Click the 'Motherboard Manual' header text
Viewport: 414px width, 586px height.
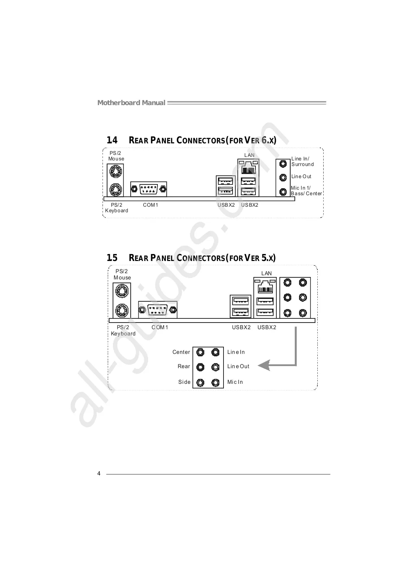click(131, 103)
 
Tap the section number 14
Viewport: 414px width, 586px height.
click(112, 140)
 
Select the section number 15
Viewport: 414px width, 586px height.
click(112, 258)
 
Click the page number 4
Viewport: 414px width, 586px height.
click(99, 474)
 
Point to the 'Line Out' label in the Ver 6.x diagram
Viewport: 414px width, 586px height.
click(301, 176)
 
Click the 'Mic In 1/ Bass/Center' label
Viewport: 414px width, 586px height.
click(306, 191)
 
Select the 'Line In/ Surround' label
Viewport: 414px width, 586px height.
click(302, 161)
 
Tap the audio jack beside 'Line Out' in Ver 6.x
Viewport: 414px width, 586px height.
click(283, 177)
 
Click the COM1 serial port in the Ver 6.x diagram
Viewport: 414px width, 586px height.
click(149, 189)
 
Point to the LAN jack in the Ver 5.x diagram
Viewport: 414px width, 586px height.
click(265, 287)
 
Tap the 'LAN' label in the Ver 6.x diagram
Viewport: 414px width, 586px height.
click(249, 155)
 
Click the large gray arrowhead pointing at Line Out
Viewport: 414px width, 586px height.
click(265, 365)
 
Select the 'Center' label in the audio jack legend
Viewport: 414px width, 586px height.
click(181, 352)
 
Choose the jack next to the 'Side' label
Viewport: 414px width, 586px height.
click(200, 382)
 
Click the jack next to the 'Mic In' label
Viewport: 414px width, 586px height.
click(216, 382)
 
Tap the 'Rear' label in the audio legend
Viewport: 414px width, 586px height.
click(184, 366)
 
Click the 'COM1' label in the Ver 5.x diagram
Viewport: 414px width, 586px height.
click(160, 327)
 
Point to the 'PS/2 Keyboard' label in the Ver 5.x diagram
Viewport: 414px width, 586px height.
click(123, 331)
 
